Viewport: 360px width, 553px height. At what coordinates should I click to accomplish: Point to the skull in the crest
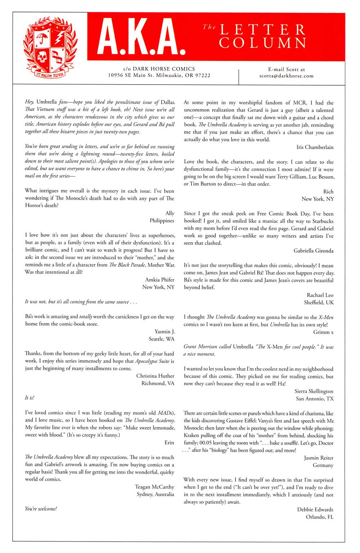(x=42, y=56)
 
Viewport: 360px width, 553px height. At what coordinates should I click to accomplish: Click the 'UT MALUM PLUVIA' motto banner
(x=50, y=74)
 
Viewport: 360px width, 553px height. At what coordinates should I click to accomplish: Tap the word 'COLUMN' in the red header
(x=263, y=43)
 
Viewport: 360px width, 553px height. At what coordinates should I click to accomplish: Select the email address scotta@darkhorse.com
(x=286, y=76)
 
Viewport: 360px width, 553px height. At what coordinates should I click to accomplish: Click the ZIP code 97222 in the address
(x=203, y=75)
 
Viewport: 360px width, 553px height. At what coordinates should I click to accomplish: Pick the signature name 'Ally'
(x=170, y=213)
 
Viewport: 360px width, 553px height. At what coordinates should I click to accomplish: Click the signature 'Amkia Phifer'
(x=159, y=280)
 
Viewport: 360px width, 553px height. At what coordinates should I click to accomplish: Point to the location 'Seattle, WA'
(x=161, y=339)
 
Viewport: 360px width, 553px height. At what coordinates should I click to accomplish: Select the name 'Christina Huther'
(x=155, y=376)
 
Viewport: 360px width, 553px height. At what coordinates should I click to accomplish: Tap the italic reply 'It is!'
(x=30, y=398)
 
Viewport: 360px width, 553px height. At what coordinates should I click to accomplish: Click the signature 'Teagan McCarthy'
(x=154, y=487)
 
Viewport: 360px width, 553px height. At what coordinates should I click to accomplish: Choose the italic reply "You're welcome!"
(x=41, y=509)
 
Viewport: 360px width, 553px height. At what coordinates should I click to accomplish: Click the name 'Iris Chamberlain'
(x=315, y=147)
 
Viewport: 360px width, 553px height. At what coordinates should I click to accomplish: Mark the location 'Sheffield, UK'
(x=319, y=302)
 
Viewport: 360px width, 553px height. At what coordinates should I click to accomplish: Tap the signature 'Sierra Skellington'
(x=314, y=391)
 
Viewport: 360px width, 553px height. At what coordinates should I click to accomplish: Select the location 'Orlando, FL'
(x=320, y=517)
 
